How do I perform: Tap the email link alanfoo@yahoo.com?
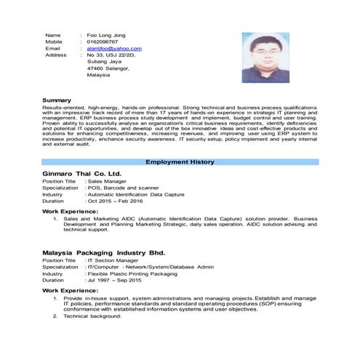point(114,48)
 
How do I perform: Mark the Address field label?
point(56,55)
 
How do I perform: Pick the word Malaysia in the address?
point(98,74)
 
